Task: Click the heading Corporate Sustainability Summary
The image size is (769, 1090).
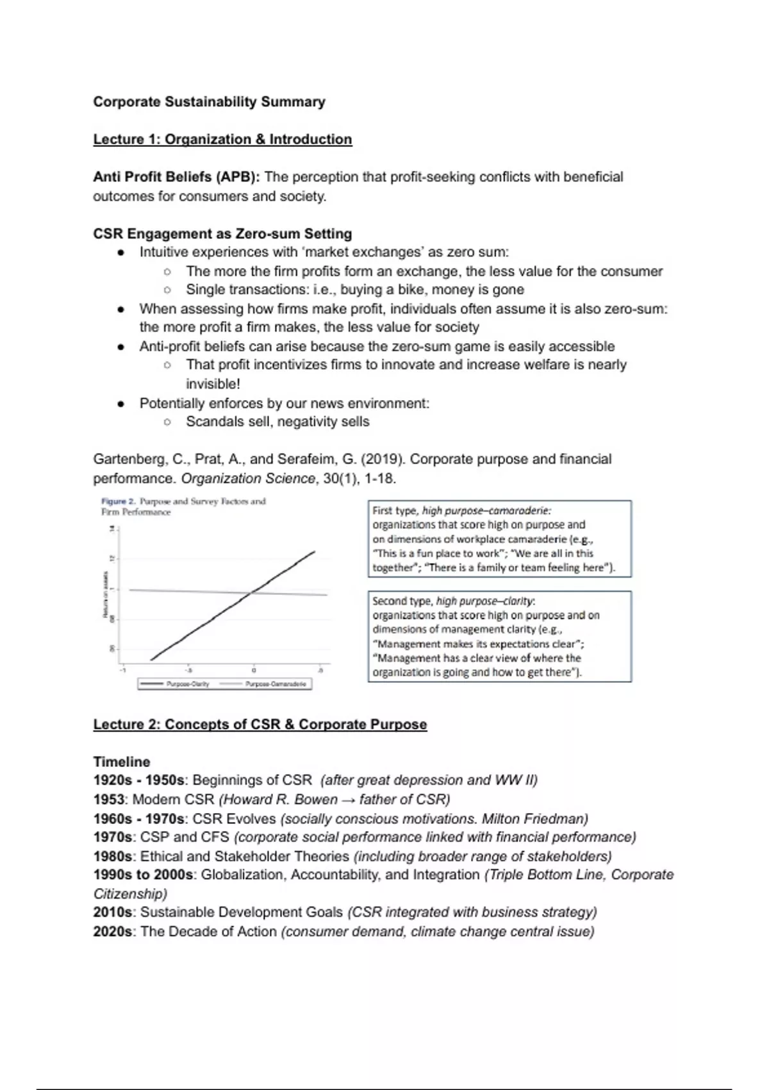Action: point(209,102)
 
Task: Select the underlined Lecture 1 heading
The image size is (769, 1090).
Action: point(222,140)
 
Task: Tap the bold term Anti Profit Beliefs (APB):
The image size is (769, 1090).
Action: point(176,177)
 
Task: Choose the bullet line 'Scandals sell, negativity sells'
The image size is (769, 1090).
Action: point(277,422)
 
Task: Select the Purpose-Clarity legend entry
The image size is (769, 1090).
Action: point(188,684)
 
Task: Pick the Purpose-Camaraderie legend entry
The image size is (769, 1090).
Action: point(276,684)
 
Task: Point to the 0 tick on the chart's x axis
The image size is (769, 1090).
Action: point(254,670)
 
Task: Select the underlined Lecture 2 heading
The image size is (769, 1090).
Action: point(260,725)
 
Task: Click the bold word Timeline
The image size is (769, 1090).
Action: point(122,762)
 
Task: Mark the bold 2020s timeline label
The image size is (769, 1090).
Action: point(113,932)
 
